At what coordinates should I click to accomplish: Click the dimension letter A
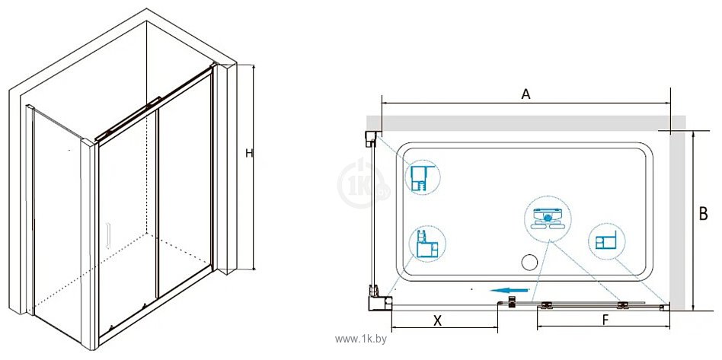pyautogui.click(x=526, y=94)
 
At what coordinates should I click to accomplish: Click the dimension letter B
pyautogui.click(x=704, y=214)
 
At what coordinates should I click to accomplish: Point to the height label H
pyautogui.click(x=248, y=155)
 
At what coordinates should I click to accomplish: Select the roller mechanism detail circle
pyautogui.click(x=547, y=219)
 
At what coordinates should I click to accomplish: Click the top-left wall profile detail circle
pyautogui.click(x=422, y=177)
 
